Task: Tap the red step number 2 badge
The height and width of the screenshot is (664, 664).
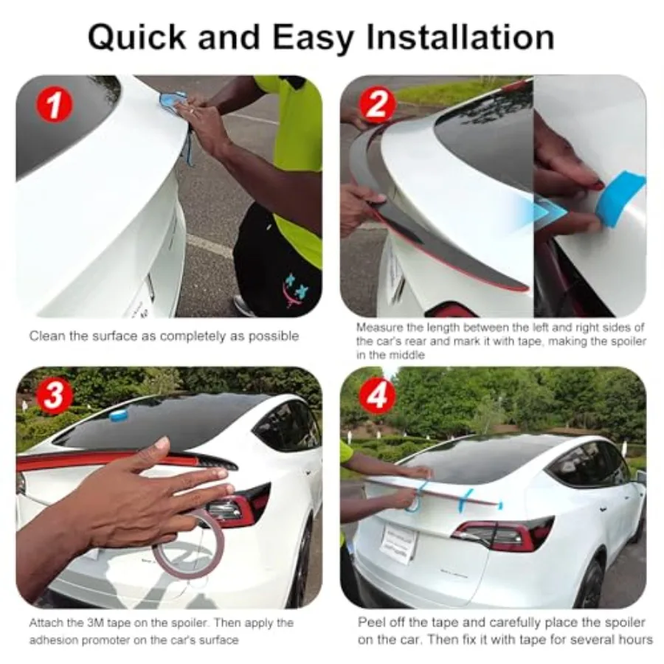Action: coord(377,104)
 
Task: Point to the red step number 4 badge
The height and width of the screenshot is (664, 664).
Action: coord(377,396)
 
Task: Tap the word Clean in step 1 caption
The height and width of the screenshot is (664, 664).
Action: coord(46,336)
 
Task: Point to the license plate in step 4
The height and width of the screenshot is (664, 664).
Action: coord(399,544)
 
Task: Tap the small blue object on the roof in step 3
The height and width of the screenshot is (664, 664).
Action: coord(119,415)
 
